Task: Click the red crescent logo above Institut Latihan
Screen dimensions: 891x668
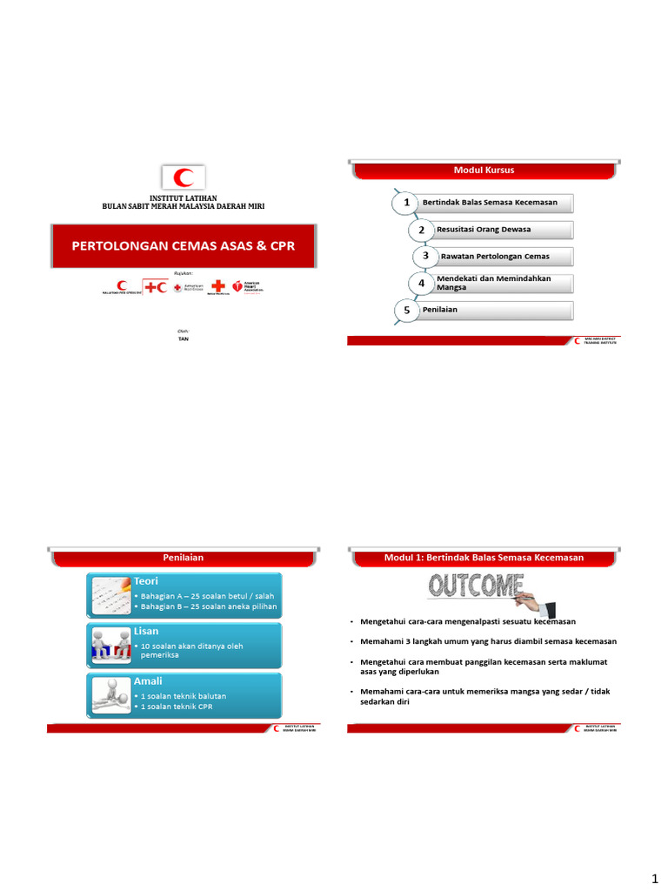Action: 184,178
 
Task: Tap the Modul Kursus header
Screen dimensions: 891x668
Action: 484,170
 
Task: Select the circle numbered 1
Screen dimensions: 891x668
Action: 404,203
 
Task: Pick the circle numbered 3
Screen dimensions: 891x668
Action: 425,256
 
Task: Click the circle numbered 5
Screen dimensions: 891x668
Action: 405,310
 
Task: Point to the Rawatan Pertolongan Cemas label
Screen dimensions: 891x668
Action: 494,256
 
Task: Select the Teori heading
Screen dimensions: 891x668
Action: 145,579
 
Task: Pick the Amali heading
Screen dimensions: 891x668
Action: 147,680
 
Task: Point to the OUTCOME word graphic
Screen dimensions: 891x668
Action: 477,587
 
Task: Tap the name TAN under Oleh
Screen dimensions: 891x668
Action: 183,338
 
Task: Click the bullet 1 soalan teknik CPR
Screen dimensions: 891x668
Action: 177,706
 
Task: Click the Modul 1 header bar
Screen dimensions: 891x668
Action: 484,557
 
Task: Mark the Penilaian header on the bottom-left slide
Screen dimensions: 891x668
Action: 183,557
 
